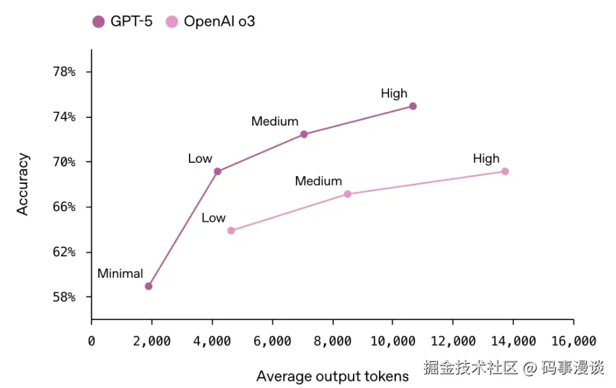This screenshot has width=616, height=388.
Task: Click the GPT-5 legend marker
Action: (x=98, y=22)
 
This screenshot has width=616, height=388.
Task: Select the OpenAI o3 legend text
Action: (x=219, y=22)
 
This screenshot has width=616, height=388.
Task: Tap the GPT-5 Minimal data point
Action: (x=148, y=286)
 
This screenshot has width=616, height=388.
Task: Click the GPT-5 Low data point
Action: (x=217, y=171)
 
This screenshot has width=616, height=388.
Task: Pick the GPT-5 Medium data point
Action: (x=304, y=134)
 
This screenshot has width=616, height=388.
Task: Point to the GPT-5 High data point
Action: (x=413, y=106)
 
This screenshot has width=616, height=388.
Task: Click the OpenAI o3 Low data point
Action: (x=231, y=230)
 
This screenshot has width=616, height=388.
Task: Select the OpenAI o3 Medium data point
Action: (x=347, y=194)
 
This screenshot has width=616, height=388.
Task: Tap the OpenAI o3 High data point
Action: (x=504, y=171)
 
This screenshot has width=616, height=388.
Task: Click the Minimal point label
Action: (x=120, y=274)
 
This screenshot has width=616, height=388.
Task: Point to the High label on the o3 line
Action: (x=486, y=158)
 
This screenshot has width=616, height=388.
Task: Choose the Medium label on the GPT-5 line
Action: (x=274, y=121)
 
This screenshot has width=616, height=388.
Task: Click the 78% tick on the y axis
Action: (x=64, y=72)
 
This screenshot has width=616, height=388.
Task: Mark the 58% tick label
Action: (x=64, y=297)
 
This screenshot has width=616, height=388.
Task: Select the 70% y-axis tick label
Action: (x=64, y=162)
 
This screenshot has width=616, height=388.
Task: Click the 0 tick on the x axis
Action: (x=92, y=341)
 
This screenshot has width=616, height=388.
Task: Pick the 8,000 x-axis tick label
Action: (x=333, y=341)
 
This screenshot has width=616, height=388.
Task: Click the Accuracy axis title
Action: (x=23, y=184)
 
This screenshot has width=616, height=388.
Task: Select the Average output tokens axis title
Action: (x=332, y=377)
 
